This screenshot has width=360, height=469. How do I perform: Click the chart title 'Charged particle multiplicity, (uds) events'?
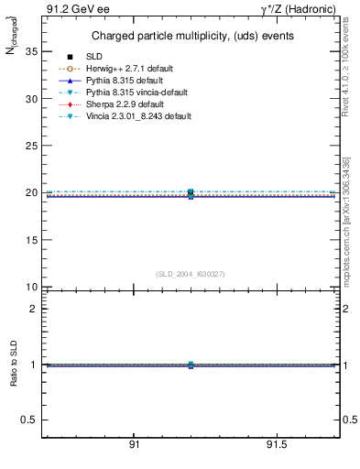pos(192,36)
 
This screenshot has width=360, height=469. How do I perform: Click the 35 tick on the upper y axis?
pos(30,51)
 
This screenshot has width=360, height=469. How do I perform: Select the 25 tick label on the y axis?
pos(30,146)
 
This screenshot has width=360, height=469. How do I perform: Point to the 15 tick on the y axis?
pos(30,240)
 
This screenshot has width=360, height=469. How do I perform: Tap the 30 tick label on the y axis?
pos(30,98)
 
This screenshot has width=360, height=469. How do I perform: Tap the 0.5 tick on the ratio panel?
pos(28,420)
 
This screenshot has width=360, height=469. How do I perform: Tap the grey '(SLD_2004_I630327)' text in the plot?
pos(191,274)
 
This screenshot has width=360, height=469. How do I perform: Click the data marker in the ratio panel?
pos(191,365)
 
